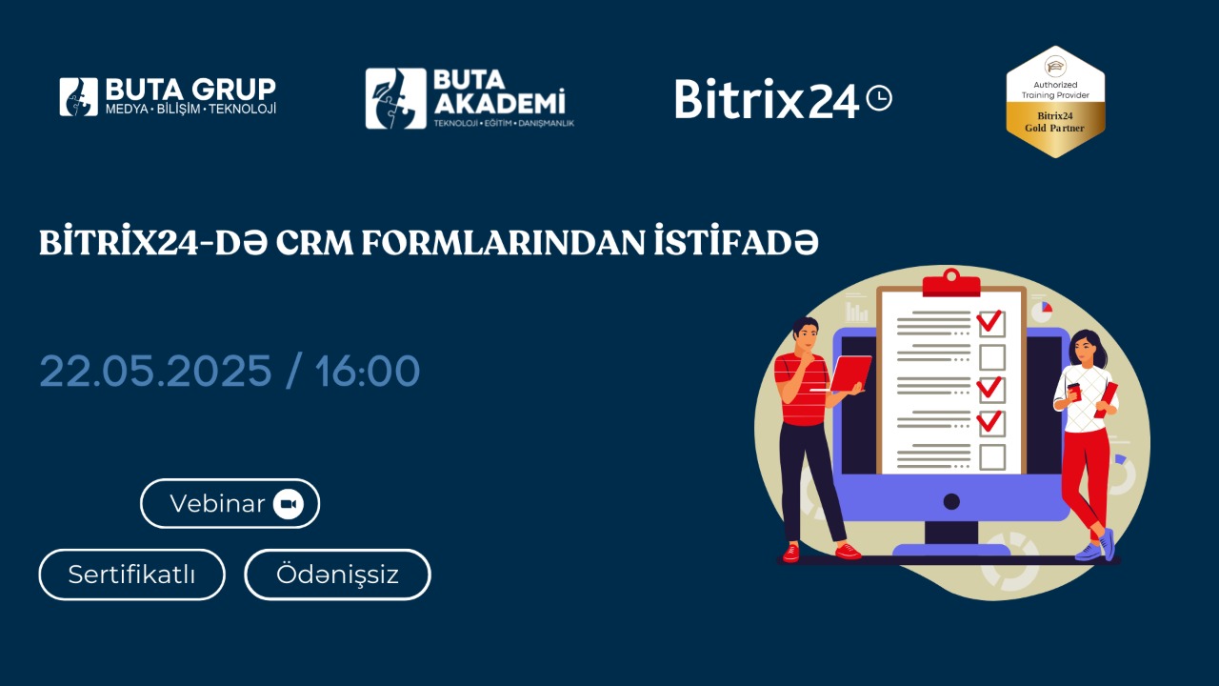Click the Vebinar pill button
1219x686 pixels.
(230, 504)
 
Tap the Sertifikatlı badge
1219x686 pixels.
(131, 575)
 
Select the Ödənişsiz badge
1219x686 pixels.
(337, 575)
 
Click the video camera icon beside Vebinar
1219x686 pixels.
(288, 504)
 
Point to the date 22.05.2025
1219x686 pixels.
(155, 372)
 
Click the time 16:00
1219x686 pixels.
(368, 372)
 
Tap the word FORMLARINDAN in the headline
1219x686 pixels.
(504, 243)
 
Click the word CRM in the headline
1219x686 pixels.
(315, 243)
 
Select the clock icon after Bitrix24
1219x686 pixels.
(879, 98)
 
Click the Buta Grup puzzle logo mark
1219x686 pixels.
(79, 97)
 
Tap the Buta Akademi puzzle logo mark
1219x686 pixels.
(395, 98)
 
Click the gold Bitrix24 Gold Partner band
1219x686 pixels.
(1055, 122)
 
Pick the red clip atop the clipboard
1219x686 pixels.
(951, 283)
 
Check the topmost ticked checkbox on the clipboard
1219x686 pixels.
(991, 322)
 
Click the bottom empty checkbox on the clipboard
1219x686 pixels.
(992, 457)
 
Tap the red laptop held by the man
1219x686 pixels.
(850, 373)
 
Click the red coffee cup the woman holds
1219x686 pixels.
(1074, 392)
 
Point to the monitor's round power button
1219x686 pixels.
(951, 501)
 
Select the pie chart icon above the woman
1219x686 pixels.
(1042, 312)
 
